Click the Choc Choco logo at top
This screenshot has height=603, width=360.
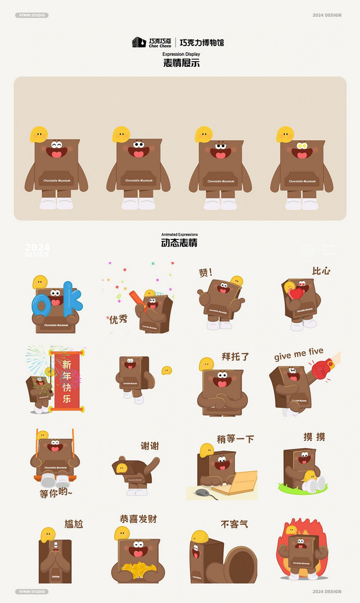tap(152, 42)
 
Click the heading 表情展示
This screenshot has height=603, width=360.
tap(181, 63)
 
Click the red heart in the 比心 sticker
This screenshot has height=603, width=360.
tap(297, 292)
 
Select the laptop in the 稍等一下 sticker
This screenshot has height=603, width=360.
tap(239, 482)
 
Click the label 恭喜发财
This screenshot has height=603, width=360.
tap(138, 519)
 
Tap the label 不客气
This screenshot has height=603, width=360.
tap(234, 524)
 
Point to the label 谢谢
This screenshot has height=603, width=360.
tap(149, 446)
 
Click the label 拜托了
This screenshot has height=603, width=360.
tap(235, 356)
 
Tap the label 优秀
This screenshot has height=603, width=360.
tap(118, 319)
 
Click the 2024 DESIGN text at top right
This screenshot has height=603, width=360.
tap(326, 15)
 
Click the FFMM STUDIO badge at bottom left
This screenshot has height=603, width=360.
tap(32, 591)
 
